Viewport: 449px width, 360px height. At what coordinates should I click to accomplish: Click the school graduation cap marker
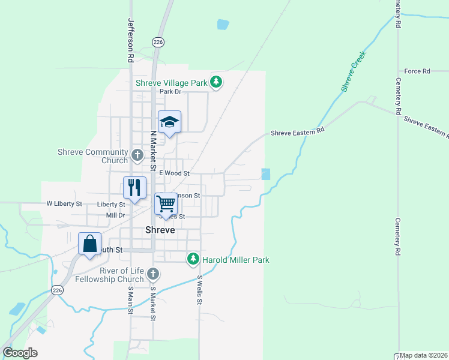pyautogui.click(x=169, y=122)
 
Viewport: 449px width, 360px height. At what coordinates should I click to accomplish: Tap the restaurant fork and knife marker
pyautogui.click(x=134, y=187)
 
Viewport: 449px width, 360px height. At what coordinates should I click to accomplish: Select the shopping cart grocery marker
pyautogui.click(x=166, y=203)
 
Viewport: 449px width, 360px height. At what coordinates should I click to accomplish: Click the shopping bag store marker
pyautogui.click(x=89, y=244)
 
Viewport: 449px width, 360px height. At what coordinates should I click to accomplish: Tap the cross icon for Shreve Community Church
pyautogui.click(x=137, y=156)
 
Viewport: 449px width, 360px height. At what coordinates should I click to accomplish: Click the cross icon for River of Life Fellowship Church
pyautogui.click(x=153, y=274)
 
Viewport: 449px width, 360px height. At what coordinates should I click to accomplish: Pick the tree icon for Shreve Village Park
pyautogui.click(x=216, y=83)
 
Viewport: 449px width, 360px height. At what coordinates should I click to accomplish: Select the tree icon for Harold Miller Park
pyautogui.click(x=193, y=260)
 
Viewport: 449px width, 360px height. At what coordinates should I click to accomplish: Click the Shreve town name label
pyautogui.click(x=160, y=230)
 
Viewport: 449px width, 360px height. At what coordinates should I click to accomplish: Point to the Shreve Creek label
pyautogui.click(x=354, y=71)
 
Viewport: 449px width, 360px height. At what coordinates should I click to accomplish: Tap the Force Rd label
pyautogui.click(x=417, y=71)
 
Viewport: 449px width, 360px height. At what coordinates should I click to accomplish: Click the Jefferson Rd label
pyautogui.click(x=130, y=40)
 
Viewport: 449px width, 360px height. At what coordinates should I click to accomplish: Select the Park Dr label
pyautogui.click(x=170, y=92)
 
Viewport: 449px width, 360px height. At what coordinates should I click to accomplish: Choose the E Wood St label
pyautogui.click(x=174, y=173)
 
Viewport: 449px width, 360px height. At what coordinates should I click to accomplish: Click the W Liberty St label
pyautogui.click(x=64, y=204)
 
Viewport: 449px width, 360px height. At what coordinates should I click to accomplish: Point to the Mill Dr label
pyautogui.click(x=115, y=215)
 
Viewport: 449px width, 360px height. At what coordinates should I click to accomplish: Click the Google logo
pyautogui.click(x=20, y=353)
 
